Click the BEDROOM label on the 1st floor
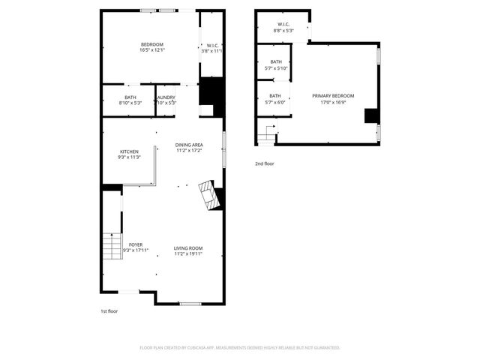pyautogui.click(x=152, y=44)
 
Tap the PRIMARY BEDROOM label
pyautogui.click(x=333, y=96)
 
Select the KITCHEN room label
pyautogui.click(x=129, y=151)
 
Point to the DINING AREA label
pyautogui.click(x=189, y=145)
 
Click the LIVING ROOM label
pyautogui.click(x=188, y=248)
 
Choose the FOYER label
pyautogui.click(x=136, y=244)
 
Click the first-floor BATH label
pyautogui.click(x=130, y=97)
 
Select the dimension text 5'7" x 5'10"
pyautogui.click(x=276, y=68)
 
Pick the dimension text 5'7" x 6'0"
pyautogui.click(x=275, y=102)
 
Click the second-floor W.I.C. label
pyautogui.click(x=283, y=25)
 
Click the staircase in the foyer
pyautogui.click(x=111, y=246)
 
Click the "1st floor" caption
pyautogui.click(x=109, y=310)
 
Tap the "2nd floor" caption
pyautogui.click(x=264, y=163)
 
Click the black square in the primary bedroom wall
pyautogui.click(x=370, y=115)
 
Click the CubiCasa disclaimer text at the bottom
pyautogui.click(x=240, y=348)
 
